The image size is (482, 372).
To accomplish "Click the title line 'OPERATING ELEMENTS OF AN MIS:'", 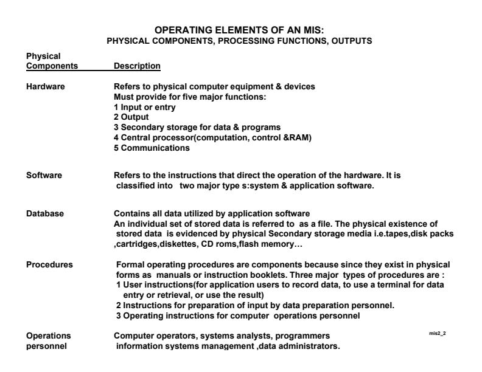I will pyautogui.click(x=241, y=30).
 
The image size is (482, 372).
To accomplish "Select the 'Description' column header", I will pyautogui.click(x=137, y=65).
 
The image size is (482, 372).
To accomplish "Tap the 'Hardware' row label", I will pyautogui.click(x=46, y=86).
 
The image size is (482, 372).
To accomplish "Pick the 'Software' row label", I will pyautogui.click(x=44, y=176).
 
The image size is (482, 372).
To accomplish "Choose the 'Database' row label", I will pyautogui.click(x=45, y=213).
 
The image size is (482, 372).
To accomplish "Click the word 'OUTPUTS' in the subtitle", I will pyautogui.click(x=356, y=41).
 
